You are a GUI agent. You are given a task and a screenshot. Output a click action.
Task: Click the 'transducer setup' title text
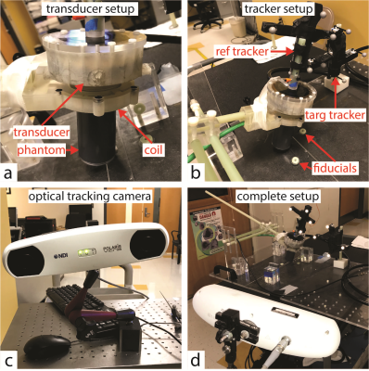(x=91, y=8)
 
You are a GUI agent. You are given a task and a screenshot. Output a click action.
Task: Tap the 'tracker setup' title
(x=278, y=8)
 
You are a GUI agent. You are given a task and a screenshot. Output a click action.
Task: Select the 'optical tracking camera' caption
(x=90, y=196)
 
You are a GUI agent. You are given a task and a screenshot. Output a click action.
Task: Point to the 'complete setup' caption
(x=278, y=196)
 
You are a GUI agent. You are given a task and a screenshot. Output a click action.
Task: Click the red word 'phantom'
(x=41, y=150)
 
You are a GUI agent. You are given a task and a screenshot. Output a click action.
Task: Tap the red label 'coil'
(x=152, y=150)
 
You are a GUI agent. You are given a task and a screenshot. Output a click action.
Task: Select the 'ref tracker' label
(x=241, y=51)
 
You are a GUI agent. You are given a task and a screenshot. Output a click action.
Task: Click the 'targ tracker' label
(x=335, y=115)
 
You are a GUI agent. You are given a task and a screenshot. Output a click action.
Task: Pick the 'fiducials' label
(x=335, y=168)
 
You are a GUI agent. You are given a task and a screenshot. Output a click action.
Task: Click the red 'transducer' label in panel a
(x=41, y=133)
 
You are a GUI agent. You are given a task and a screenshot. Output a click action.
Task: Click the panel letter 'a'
(x=8, y=173)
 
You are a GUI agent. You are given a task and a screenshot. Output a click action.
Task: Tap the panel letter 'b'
(x=196, y=173)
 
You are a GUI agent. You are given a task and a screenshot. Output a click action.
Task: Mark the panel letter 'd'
(x=196, y=360)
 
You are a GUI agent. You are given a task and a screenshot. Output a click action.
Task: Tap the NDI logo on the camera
(x=60, y=255)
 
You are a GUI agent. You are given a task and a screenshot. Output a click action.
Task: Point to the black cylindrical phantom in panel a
(x=95, y=136)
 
